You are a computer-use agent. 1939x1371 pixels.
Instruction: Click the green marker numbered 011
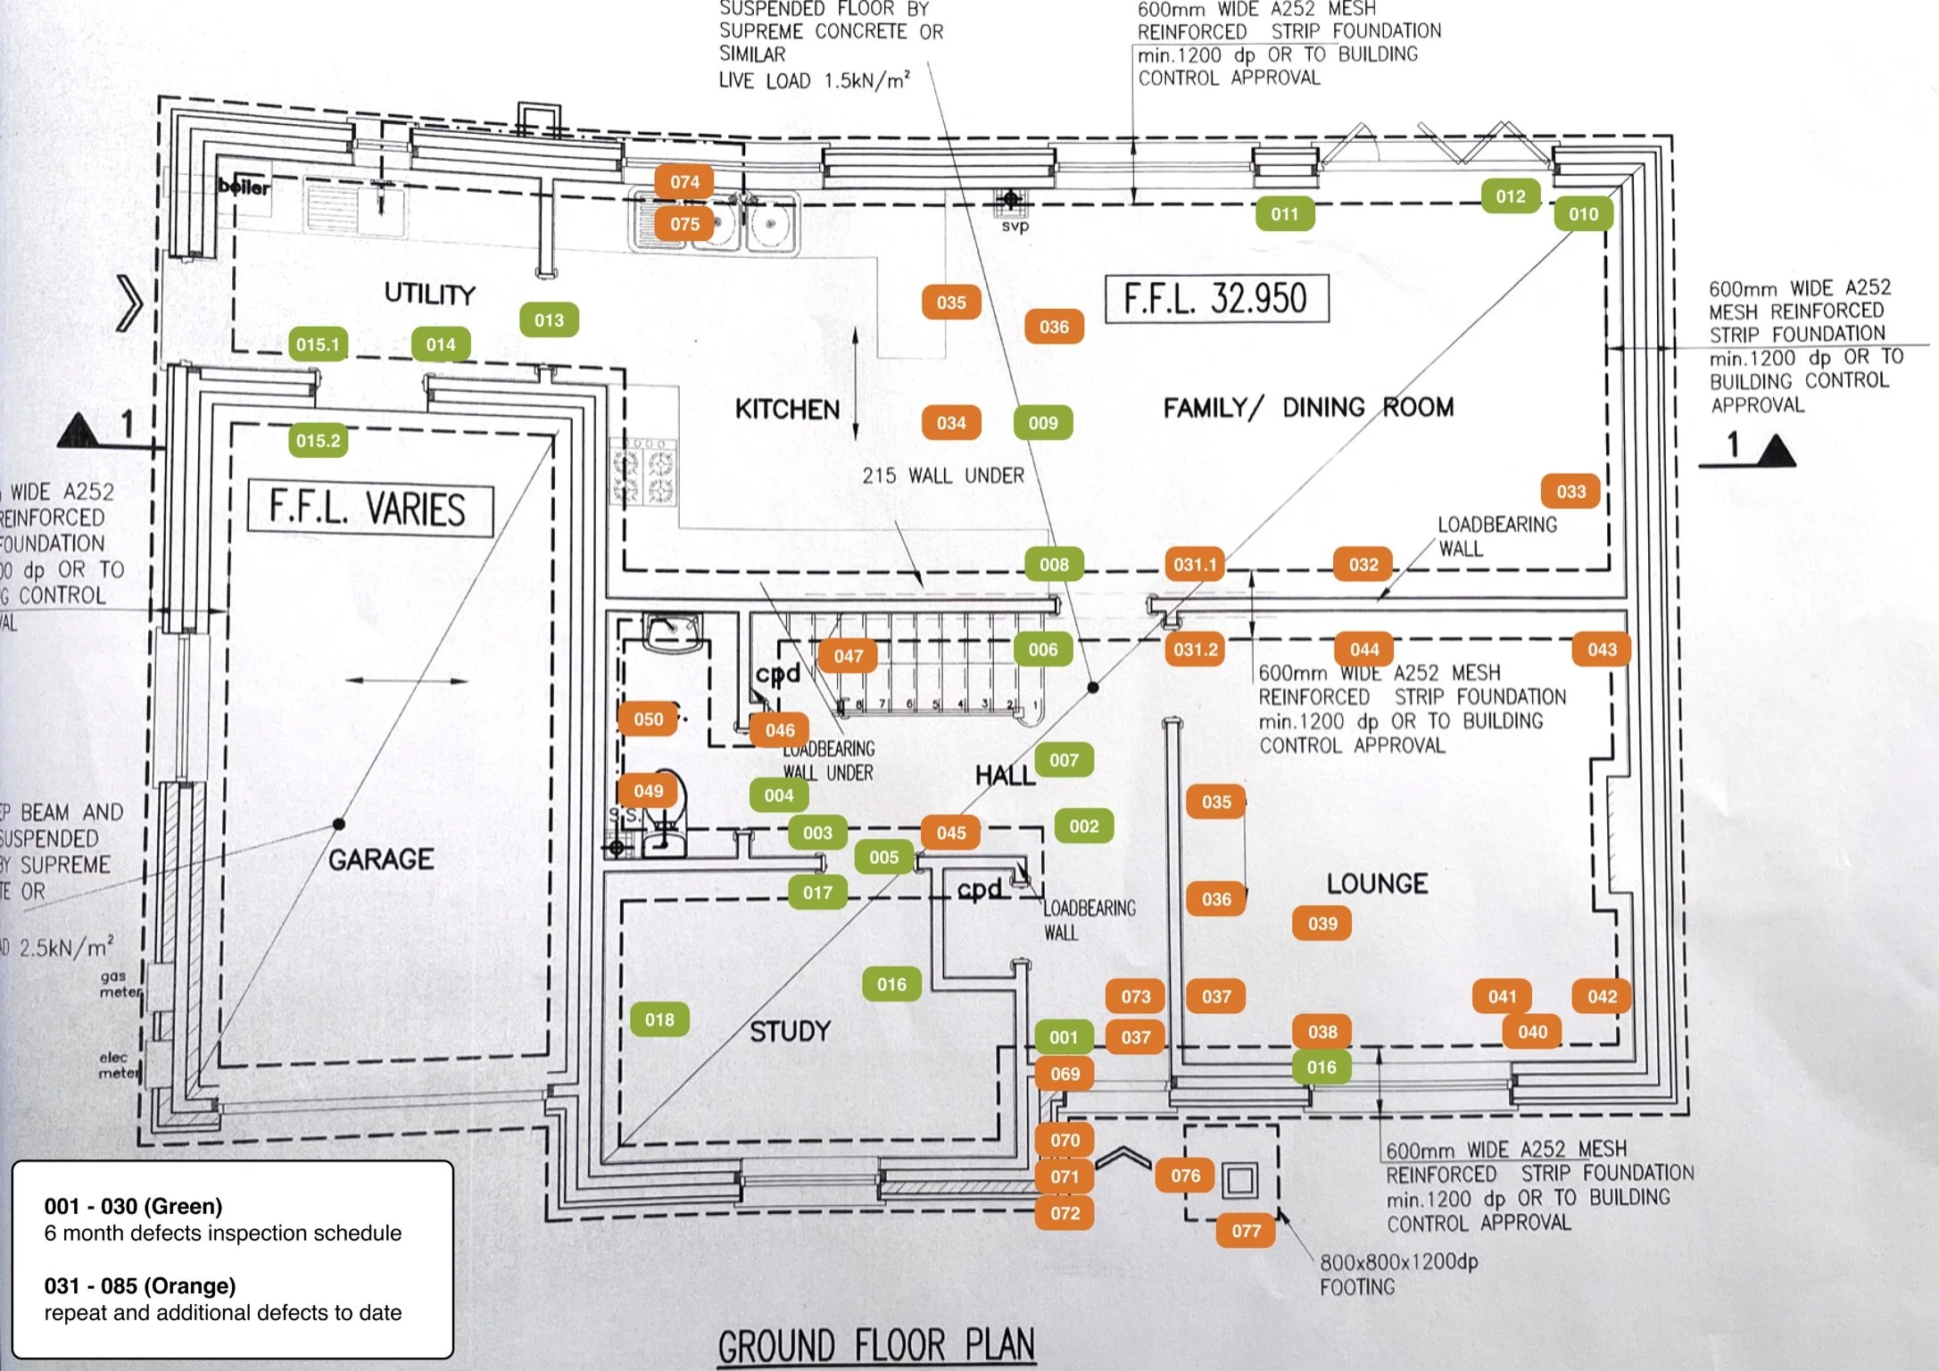pyautogui.click(x=1284, y=214)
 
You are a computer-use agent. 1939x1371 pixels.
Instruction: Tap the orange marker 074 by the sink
pyautogui.click(x=684, y=182)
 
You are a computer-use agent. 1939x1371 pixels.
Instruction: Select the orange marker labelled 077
pyautogui.click(x=1246, y=1232)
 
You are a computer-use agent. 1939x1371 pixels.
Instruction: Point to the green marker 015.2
pyautogui.click(x=318, y=441)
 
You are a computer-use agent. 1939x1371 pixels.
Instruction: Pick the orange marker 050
pyautogui.click(x=648, y=719)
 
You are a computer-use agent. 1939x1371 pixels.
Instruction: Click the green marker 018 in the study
pyautogui.click(x=659, y=1020)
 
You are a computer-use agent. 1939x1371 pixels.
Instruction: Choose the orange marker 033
pyautogui.click(x=1570, y=492)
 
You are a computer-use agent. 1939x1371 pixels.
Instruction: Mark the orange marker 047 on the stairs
pyautogui.click(x=848, y=657)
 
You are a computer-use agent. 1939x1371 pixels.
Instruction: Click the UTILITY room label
pyautogui.click(x=429, y=294)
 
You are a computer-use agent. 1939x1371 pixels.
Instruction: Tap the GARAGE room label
pyautogui.click(x=381, y=860)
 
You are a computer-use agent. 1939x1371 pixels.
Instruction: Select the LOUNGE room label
pyautogui.click(x=1377, y=884)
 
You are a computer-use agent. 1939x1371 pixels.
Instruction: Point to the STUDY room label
pyautogui.click(x=790, y=1032)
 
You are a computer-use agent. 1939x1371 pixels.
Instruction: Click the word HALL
pyautogui.click(x=1005, y=776)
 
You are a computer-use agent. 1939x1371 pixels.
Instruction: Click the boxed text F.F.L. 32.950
pyautogui.click(x=1216, y=298)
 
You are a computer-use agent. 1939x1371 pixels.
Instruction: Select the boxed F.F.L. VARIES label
pyautogui.click(x=369, y=510)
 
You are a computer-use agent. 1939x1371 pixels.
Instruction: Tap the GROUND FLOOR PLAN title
pyautogui.click(x=876, y=1346)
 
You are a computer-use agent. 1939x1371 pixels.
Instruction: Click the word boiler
pyautogui.click(x=244, y=186)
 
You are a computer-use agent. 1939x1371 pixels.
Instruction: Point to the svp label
pyautogui.click(x=1015, y=226)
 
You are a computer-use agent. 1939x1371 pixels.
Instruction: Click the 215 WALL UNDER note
pyautogui.click(x=942, y=476)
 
